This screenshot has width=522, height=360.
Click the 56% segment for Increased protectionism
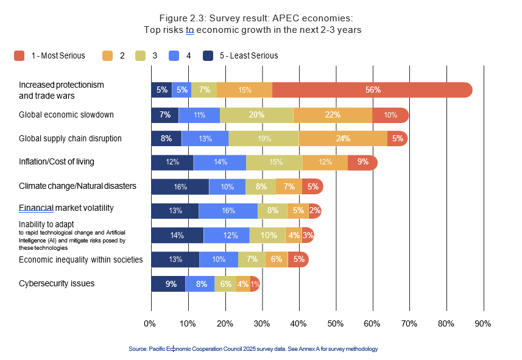(373, 90)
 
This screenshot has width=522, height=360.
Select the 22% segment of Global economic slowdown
(333, 115)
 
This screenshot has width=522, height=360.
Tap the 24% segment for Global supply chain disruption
(343, 138)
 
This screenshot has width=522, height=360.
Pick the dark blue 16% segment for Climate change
(180, 186)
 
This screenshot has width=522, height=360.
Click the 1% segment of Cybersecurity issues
(255, 284)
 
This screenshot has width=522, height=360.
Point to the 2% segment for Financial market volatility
(315, 211)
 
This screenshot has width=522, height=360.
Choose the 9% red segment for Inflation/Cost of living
(362, 162)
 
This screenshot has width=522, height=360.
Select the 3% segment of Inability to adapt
(308, 235)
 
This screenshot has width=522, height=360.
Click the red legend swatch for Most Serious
(19, 56)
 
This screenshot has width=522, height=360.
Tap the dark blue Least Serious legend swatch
(208, 56)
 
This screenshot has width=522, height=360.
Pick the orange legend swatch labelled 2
(108, 56)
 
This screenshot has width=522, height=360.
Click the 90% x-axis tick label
(482, 323)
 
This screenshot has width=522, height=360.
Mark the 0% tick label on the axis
(150, 323)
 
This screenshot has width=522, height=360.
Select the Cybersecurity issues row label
(57, 283)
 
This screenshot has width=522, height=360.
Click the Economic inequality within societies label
(80, 259)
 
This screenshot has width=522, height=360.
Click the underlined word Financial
(36, 208)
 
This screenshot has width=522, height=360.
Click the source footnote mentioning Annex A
(253, 349)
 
